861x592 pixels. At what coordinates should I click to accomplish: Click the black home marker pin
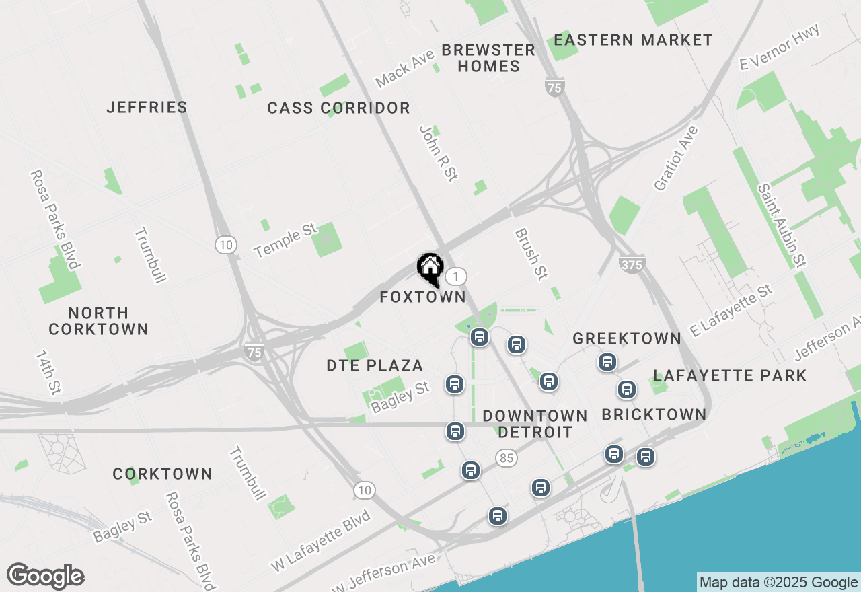pos(430,268)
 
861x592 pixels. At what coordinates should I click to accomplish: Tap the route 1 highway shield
pos(456,276)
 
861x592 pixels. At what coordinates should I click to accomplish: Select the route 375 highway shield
pos(632,265)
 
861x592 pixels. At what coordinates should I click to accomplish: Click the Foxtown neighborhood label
pos(422,297)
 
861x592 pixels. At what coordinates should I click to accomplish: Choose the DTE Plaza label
pos(375,366)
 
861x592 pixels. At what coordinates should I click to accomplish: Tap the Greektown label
pos(627,338)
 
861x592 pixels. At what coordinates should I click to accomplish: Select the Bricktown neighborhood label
pos(654,414)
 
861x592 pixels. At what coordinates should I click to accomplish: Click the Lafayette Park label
pos(730,375)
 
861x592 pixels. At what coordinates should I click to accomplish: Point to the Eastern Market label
pos(633,40)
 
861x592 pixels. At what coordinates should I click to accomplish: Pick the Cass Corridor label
pos(338,108)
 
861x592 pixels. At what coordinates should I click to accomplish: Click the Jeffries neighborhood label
pos(147,107)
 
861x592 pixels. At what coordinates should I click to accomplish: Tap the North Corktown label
pos(98,321)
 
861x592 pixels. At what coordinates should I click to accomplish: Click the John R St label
pos(438,153)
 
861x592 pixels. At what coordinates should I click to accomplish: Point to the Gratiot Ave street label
pos(676,158)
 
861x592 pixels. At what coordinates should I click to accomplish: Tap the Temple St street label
pos(285,240)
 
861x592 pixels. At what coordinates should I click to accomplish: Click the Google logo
pos(45,577)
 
